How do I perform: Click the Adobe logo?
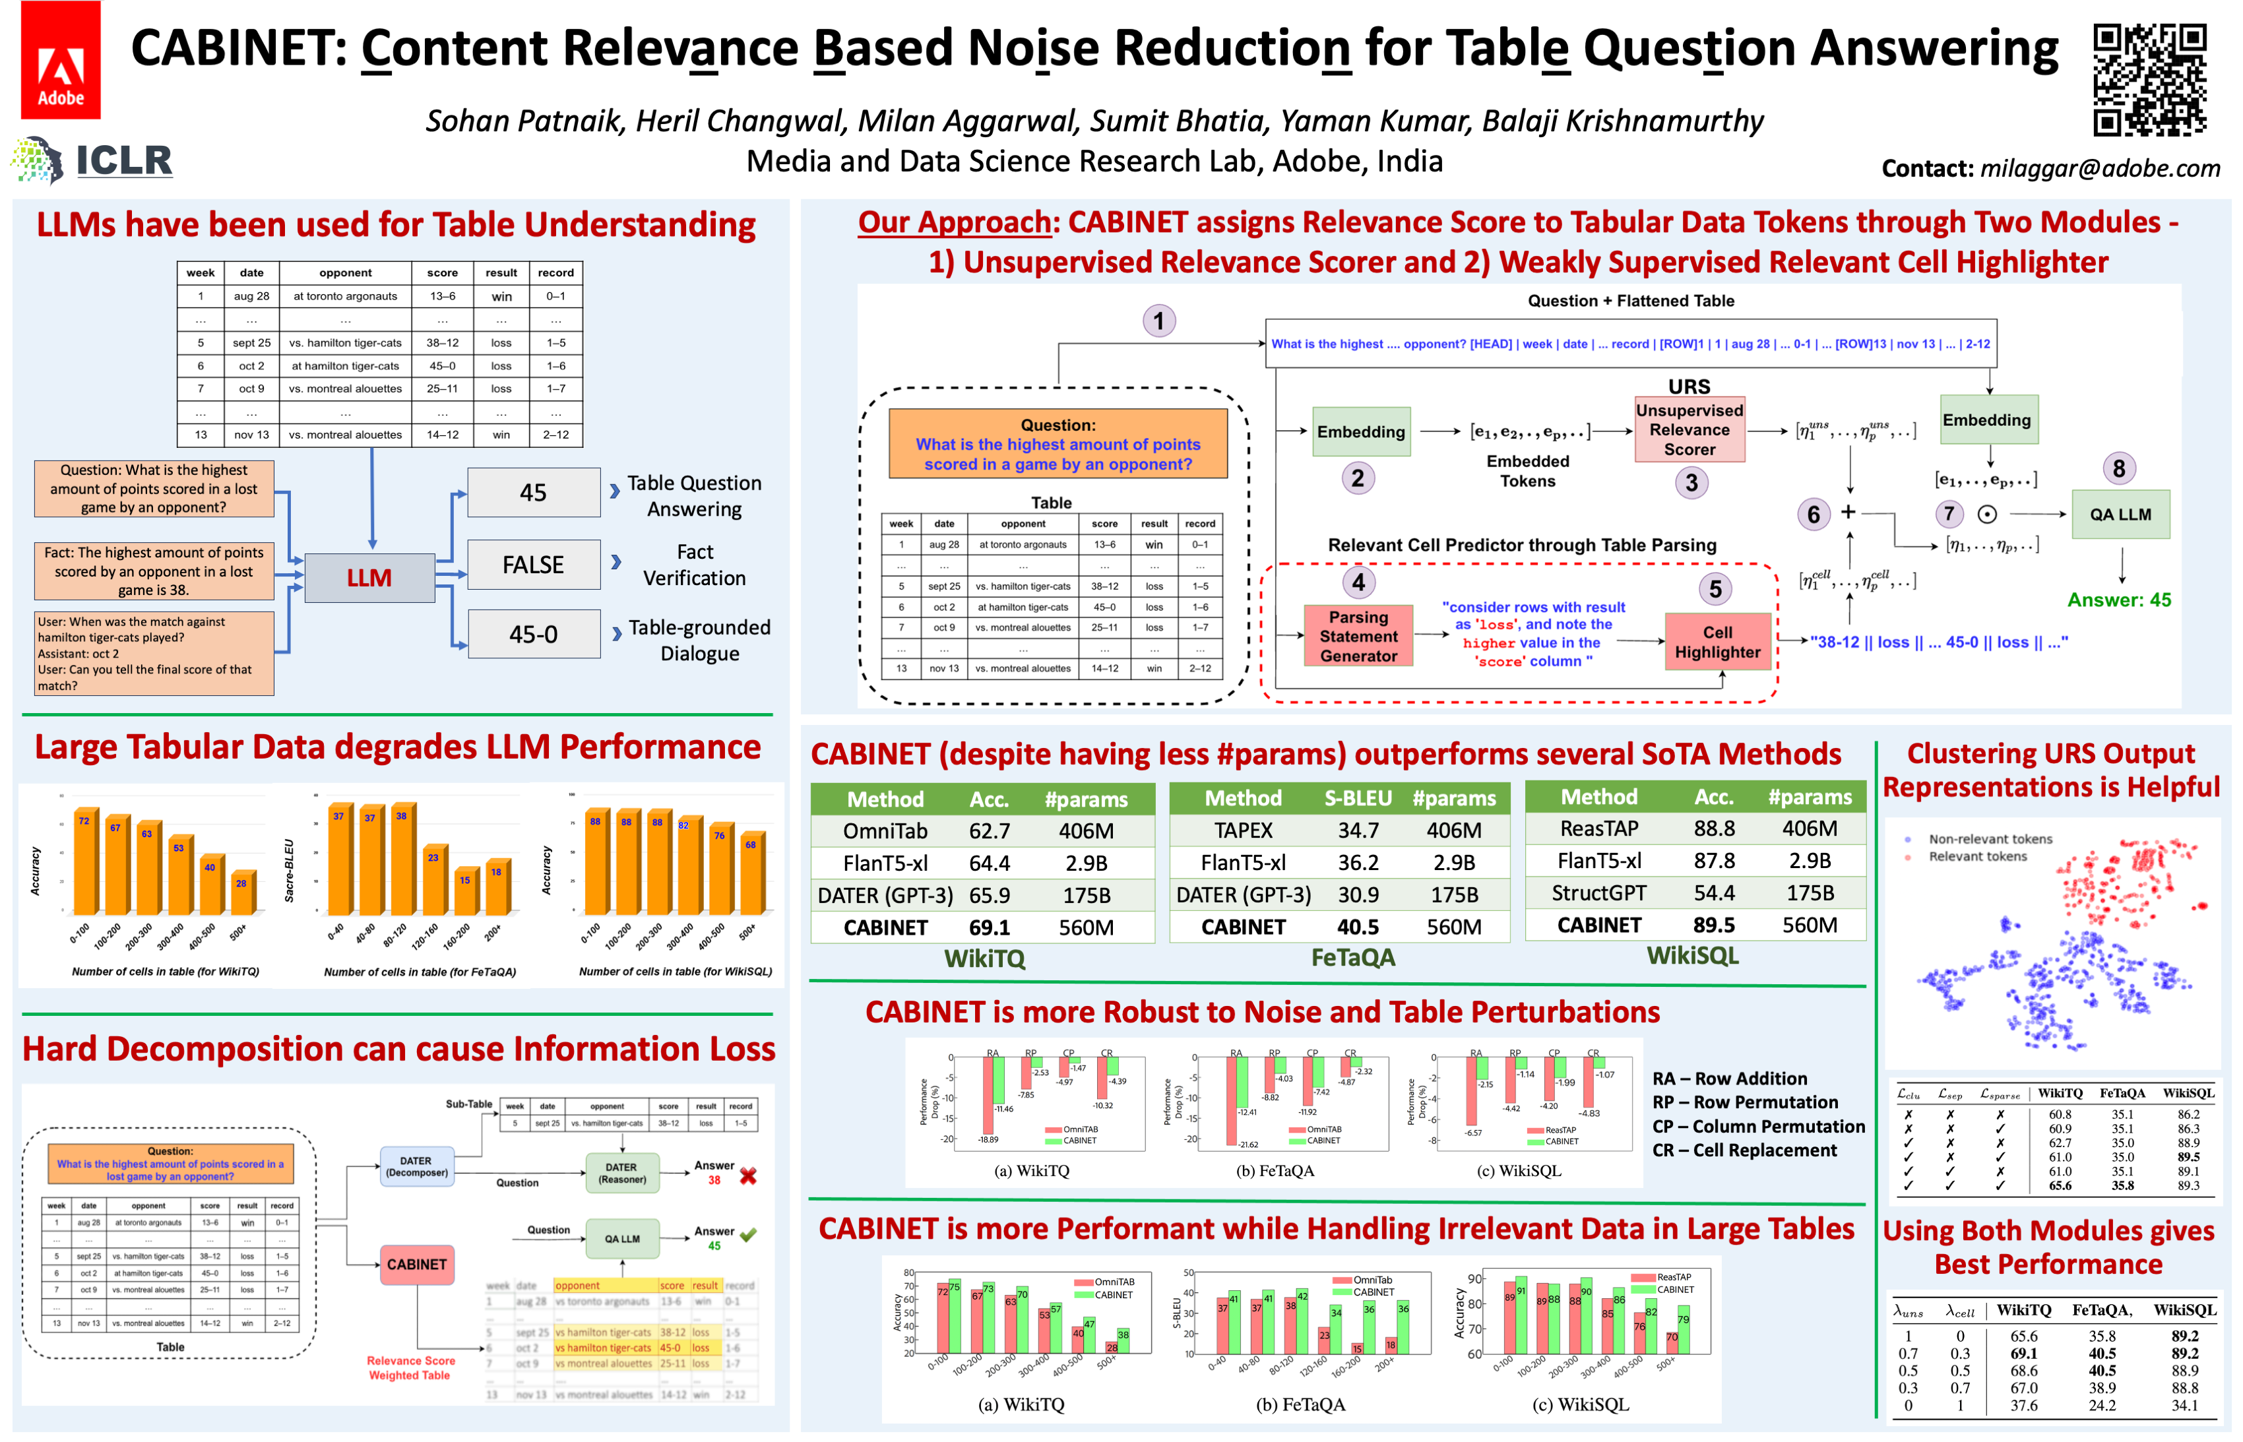point(60,60)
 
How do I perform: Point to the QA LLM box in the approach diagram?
point(2120,514)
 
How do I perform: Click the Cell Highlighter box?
point(1717,643)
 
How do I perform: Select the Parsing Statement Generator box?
point(1358,637)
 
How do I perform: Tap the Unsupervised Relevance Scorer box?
point(1689,430)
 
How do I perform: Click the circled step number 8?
point(2118,468)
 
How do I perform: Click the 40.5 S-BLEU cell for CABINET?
point(1358,926)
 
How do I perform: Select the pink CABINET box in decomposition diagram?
point(416,1264)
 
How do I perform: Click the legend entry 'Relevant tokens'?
point(1976,857)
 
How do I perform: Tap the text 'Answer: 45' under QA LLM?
point(2118,600)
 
